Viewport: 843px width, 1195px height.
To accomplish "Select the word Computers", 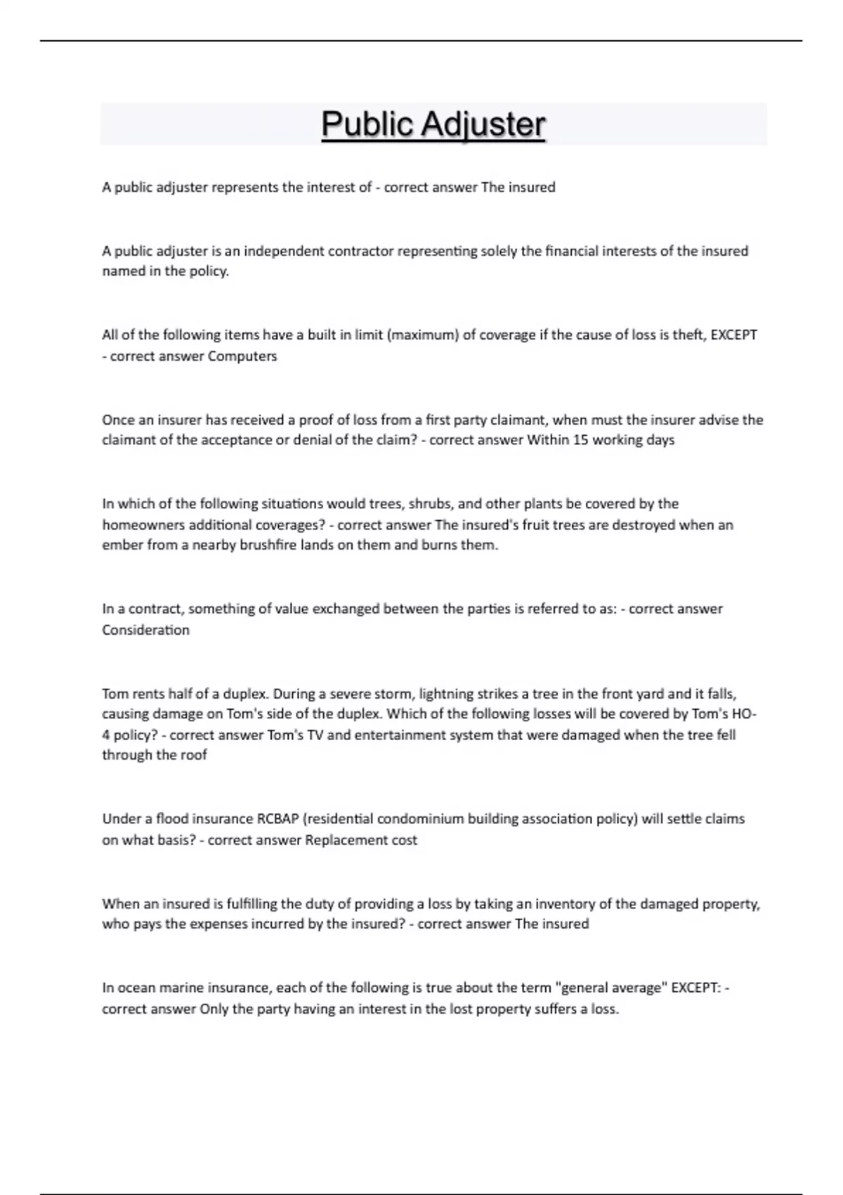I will point(242,356).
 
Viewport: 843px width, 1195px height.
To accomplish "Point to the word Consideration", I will point(145,630).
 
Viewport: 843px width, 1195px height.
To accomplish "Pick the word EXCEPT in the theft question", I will point(734,335).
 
